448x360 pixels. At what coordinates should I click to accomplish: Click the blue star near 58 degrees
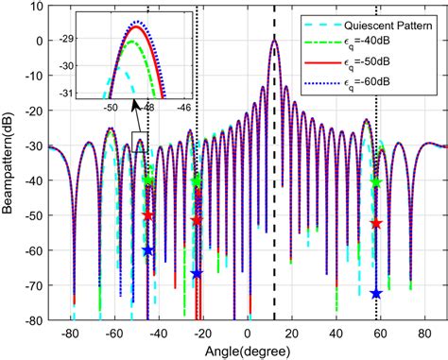(375, 294)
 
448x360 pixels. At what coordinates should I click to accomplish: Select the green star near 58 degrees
(375, 182)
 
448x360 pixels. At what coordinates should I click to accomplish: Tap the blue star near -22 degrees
(197, 274)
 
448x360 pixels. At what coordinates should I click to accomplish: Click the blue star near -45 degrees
(147, 250)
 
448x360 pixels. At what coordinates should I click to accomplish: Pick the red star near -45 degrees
(147, 215)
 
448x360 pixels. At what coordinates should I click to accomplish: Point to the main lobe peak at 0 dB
(274, 41)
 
